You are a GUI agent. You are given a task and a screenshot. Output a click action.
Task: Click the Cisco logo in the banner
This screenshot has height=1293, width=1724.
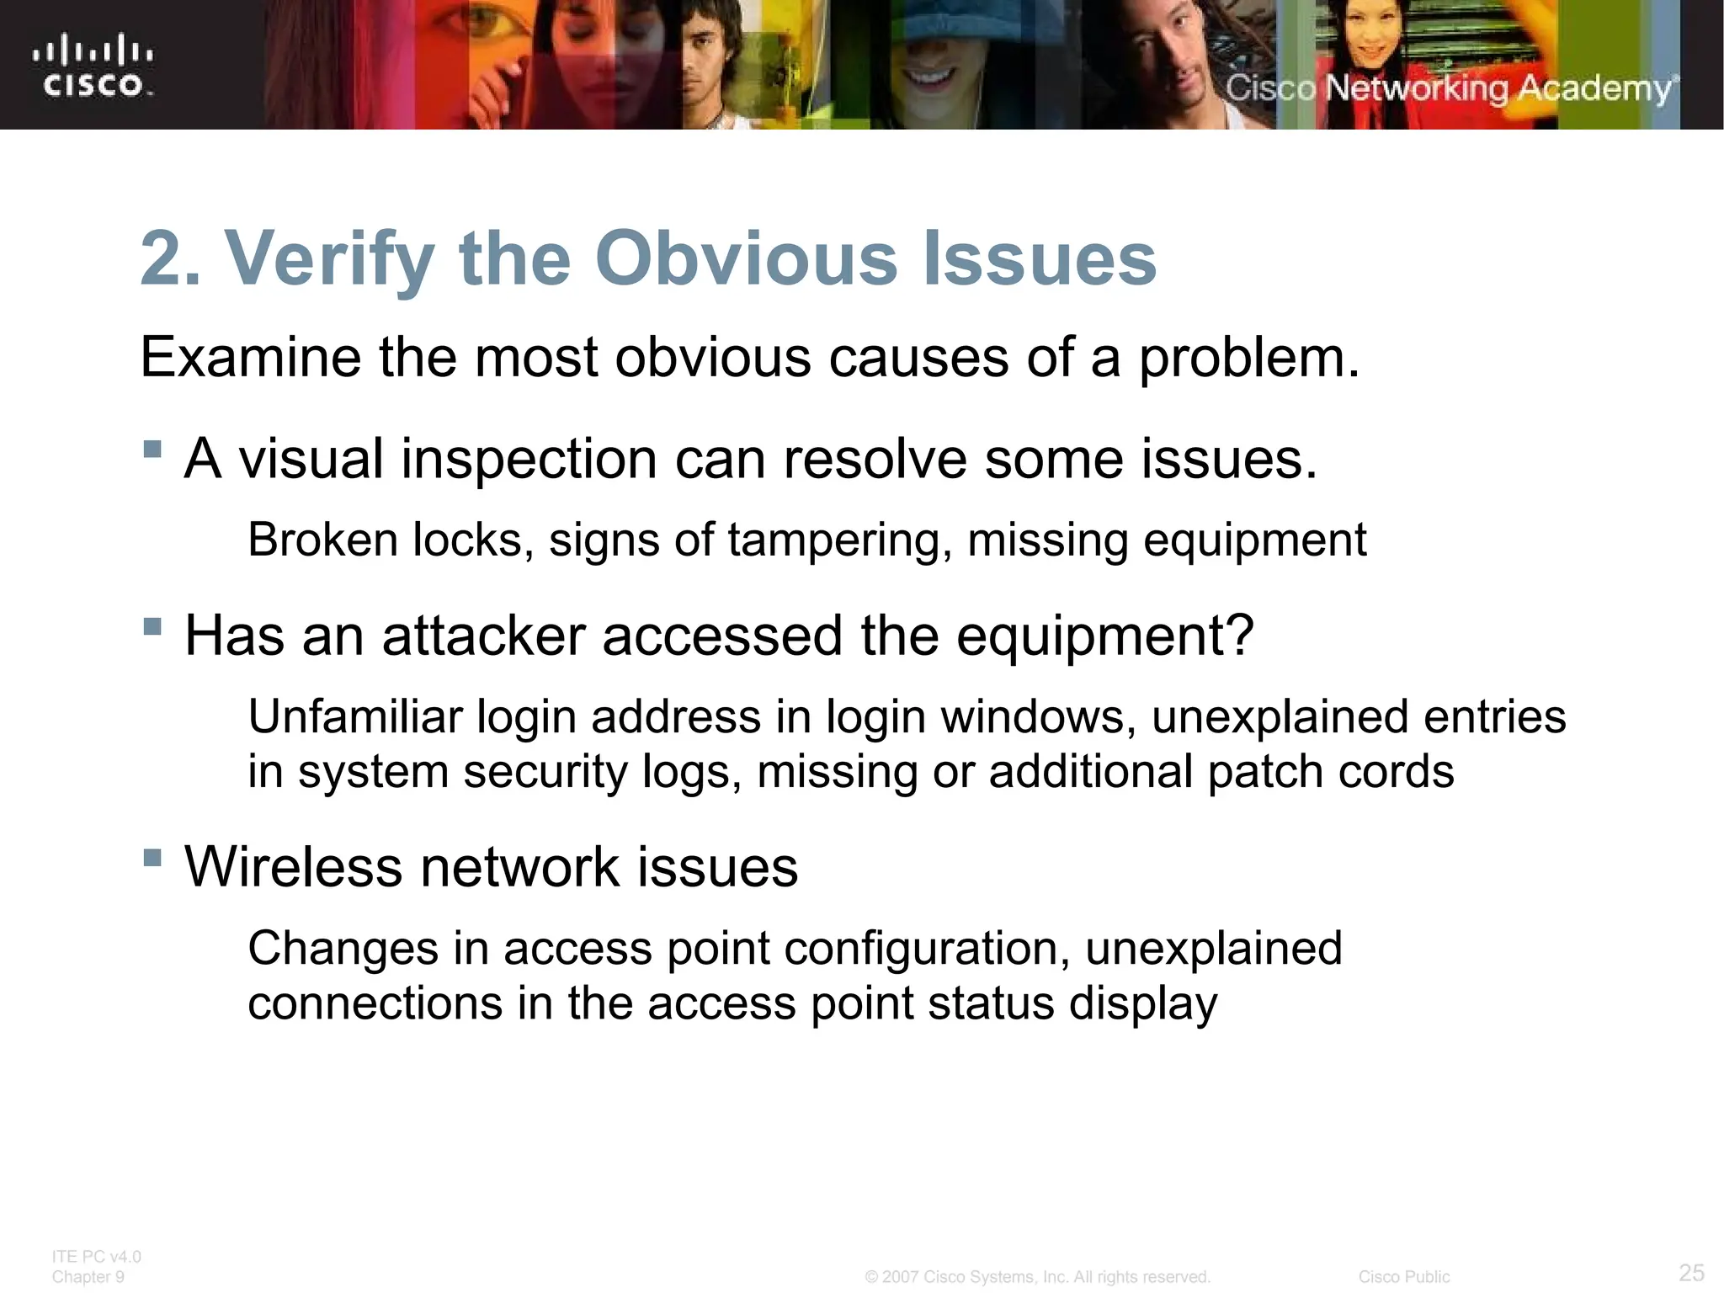click(93, 66)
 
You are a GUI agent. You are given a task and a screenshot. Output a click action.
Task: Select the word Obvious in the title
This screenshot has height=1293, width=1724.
click(747, 258)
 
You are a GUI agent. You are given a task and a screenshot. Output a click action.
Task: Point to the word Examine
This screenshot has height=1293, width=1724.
click(251, 357)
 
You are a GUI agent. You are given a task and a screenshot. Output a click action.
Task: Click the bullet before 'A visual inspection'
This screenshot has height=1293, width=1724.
click(152, 448)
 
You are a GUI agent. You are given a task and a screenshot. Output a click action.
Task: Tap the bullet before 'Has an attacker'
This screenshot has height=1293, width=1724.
click(152, 625)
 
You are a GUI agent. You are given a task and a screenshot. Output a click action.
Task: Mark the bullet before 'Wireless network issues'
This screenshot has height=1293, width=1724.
click(152, 858)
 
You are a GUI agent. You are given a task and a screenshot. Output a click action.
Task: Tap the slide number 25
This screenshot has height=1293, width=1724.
click(1691, 1272)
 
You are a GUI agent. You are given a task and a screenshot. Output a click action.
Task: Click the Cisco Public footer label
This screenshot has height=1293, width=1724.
click(1403, 1277)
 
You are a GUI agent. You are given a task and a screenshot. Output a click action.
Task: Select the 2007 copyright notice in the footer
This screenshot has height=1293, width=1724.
click(1037, 1277)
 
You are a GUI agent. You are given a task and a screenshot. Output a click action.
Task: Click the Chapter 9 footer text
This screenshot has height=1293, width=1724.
click(88, 1277)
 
